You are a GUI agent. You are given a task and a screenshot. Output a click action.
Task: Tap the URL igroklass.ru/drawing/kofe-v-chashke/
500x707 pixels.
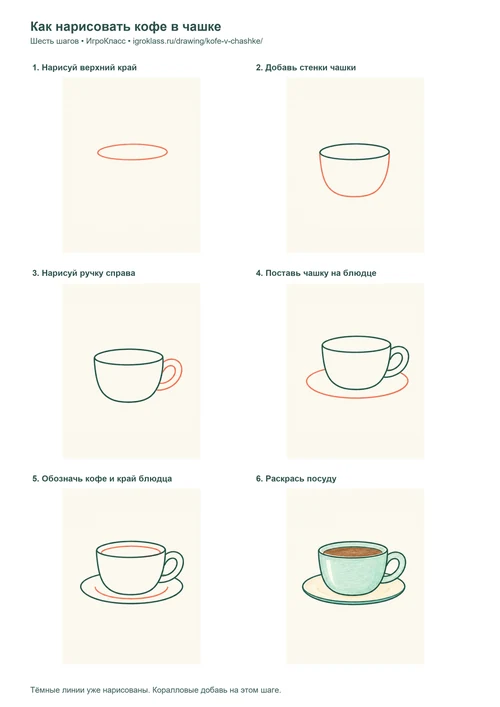197,41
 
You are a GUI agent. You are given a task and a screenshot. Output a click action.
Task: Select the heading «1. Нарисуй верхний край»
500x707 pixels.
84,68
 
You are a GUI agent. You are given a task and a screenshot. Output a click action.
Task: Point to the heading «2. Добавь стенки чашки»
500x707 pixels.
306,68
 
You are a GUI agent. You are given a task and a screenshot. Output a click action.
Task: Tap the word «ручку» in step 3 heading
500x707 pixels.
92,273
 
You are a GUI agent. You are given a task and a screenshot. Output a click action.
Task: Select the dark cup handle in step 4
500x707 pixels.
408,359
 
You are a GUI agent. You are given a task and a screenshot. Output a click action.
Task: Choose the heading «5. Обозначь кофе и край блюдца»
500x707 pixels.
102,478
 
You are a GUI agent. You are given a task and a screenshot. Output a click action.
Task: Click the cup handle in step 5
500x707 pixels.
182,565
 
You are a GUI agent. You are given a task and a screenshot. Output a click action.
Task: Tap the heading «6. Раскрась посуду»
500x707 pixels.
296,478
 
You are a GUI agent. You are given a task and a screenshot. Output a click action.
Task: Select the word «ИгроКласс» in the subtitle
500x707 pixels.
106,41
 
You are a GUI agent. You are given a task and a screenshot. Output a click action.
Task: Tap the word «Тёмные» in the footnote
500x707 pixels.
43,690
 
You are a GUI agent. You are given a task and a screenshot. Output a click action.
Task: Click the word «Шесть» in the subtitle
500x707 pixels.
40,41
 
